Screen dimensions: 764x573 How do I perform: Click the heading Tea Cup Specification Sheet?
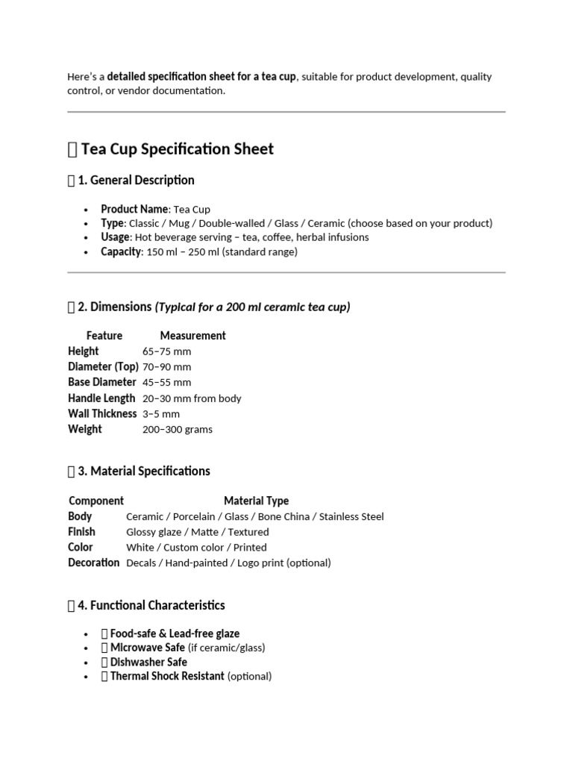pos(177,149)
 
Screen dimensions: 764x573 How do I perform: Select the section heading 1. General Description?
pos(136,181)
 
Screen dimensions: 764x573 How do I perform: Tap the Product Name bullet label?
pos(135,209)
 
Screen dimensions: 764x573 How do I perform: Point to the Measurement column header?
pos(192,336)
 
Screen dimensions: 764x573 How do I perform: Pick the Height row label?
pos(83,351)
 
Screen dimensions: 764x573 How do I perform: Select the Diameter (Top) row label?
pos(103,367)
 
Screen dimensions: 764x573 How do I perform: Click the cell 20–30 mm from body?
pos(192,398)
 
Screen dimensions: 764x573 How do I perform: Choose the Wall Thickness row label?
pos(102,414)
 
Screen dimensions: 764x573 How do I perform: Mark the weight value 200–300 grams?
pos(178,430)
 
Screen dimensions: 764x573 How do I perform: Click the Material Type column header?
pos(256,501)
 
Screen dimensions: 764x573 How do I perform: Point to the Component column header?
pos(96,501)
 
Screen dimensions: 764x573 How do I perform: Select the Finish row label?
pos(81,532)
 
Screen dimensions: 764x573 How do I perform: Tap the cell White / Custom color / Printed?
pos(196,548)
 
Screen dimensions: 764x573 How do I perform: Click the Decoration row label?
pos(93,563)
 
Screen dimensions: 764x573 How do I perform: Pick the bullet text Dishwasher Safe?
pos(148,663)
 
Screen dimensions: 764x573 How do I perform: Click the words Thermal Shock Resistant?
pos(167,677)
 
